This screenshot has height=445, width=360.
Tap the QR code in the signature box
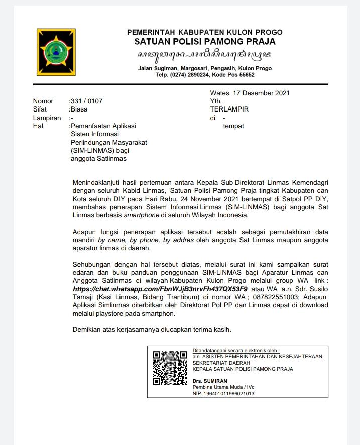pos(170,368)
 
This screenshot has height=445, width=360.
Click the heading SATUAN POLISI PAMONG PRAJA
pos(204,42)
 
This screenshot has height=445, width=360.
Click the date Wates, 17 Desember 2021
pos(250,93)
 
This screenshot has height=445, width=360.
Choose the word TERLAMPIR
pos(229,109)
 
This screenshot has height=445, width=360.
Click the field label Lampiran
pos(47,118)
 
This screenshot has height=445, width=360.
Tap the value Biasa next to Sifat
pos(79,109)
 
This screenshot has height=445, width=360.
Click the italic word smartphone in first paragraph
pos(143,215)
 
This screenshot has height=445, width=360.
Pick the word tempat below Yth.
pos(233,126)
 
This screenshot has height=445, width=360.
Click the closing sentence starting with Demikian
pos(152,330)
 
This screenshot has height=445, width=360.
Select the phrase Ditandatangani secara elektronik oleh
pos(235,350)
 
